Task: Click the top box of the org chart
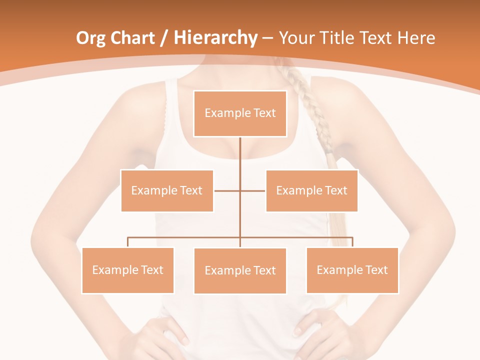[x=240, y=113]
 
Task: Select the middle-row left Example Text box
[x=167, y=190]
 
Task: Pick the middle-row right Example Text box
[x=311, y=190]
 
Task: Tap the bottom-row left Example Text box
[x=127, y=270]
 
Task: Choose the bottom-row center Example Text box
[x=240, y=270]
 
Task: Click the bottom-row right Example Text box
[x=352, y=270]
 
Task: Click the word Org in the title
[x=90, y=38]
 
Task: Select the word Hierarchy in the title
[x=215, y=38]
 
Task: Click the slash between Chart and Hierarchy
[x=165, y=38]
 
